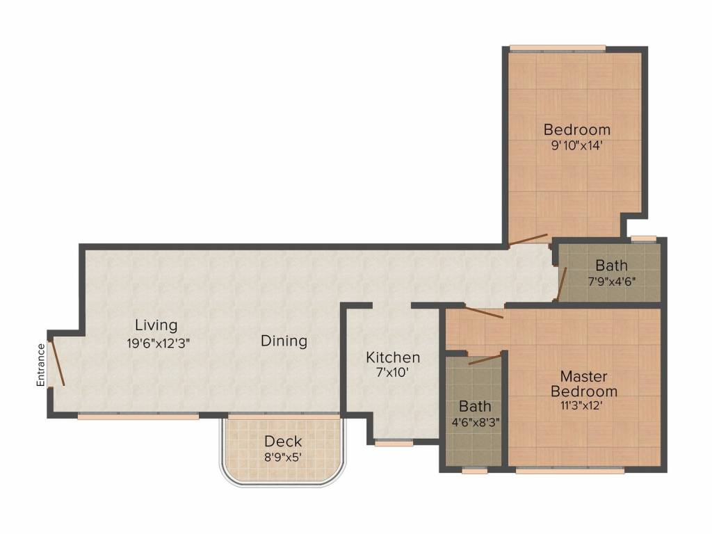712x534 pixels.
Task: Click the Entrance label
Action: pos(41,365)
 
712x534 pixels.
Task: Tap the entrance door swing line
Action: pos(57,362)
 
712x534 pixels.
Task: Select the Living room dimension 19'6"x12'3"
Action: pos(158,343)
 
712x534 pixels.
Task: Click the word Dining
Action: pos(284,341)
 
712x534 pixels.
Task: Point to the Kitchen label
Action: pos(393,357)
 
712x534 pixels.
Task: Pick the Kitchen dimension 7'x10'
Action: pos(393,373)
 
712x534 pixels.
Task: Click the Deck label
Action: pos(283,441)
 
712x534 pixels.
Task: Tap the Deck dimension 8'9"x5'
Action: pos(283,457)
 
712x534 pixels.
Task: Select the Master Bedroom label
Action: pos(583,384)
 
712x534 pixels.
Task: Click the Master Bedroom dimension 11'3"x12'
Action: pos(581,405)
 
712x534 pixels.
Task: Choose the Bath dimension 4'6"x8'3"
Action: pos(476,422)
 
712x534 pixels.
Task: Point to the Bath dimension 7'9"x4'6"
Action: pos(611,281)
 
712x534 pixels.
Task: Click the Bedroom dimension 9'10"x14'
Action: pos(576,145)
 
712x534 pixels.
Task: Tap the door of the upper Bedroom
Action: pos(528,239)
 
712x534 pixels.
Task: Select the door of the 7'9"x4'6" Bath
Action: pos(561,284)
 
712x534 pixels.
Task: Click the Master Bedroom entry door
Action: pos(484,312)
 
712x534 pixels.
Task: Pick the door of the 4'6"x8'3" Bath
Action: pos(485,359)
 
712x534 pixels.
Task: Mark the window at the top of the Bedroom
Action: pos(557,48)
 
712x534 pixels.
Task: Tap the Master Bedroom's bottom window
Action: pos(570,471)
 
